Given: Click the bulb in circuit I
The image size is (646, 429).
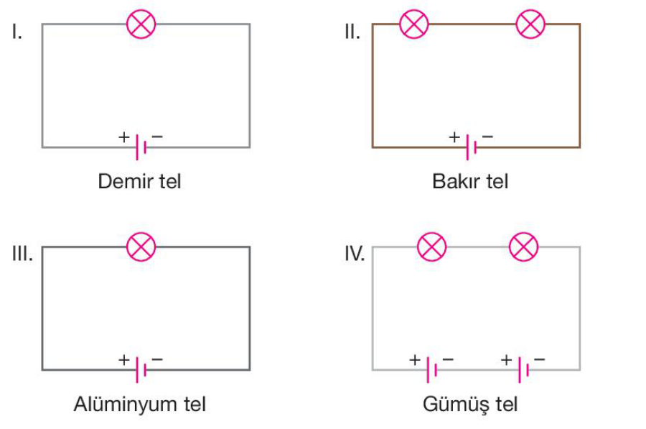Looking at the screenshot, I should [x=141, y=24].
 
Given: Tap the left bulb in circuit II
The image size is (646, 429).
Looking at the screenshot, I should [x=413, y=24].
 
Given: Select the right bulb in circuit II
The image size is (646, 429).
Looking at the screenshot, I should [x=530, y=24].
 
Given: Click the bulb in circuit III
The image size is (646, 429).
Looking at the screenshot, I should [x=141, y=247].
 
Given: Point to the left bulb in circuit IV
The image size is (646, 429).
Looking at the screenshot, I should [x=431, y=247].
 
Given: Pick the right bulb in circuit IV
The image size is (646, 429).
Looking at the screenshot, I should [x=523, y=247].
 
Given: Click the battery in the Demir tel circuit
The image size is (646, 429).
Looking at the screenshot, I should [x=141, y=147].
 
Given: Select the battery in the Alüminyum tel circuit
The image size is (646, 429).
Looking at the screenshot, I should [x=141, y=369].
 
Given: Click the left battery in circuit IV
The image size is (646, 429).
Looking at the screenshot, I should [x=432, y=369].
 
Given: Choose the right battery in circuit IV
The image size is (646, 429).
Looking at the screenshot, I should [x=524, y=369].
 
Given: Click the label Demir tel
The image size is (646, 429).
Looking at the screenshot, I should [x=140, y=181].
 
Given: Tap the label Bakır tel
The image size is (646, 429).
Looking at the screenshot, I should [x=470, y=181].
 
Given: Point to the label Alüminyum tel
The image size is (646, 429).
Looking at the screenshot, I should [x=140, y=404].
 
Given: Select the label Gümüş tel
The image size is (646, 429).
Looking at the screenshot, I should [x=470, y=404].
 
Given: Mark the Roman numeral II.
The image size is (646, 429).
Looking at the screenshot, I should [x=352, y=32].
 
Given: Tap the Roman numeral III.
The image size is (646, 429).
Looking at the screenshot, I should [x=22, y=254].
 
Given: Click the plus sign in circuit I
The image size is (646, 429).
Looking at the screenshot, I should [x=124, y=135].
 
